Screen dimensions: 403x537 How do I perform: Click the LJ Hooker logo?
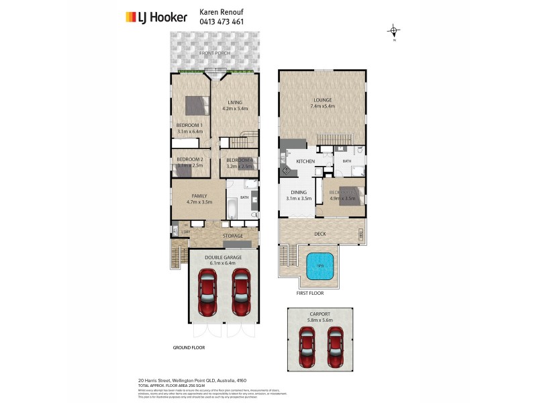(156, 17)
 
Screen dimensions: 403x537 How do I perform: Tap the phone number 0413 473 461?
(222, 21)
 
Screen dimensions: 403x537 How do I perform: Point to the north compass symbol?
(394, 31)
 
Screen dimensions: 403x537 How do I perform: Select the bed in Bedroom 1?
(197, 105)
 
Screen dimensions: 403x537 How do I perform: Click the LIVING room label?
(234, 103)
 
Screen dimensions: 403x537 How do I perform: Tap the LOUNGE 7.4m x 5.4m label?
(322, 103)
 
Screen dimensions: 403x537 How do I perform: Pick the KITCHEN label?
(305, 161)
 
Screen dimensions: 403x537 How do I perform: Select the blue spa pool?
(320, 266)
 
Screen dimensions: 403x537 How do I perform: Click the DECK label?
(320, 234)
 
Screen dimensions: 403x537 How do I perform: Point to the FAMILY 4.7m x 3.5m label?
(198, 198)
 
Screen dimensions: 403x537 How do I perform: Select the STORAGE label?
(232, 236)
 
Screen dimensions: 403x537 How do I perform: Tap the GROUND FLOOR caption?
(189, 348)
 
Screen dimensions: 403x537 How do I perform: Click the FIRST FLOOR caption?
(309, 294)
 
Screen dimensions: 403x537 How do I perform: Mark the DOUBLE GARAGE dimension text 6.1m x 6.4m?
(222, 263)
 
